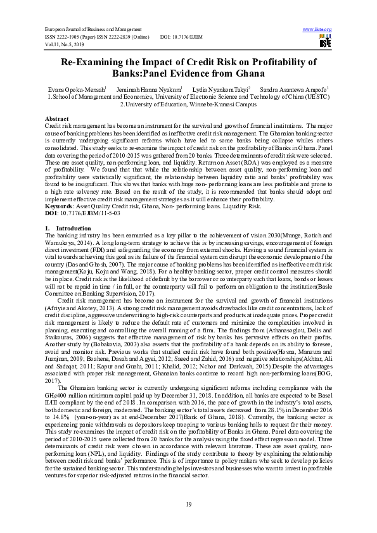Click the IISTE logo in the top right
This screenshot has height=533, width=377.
[325, 42]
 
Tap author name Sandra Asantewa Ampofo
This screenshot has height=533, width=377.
[293, 90]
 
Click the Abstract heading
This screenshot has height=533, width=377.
[57, 119]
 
